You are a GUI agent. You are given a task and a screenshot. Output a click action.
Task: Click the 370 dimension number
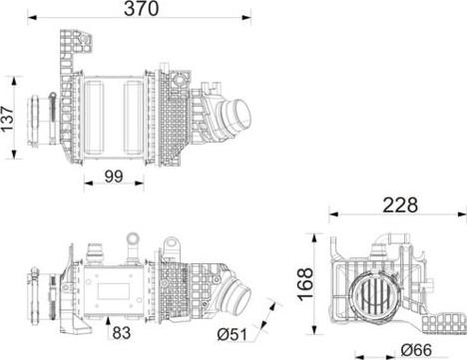click(x=141, y=9)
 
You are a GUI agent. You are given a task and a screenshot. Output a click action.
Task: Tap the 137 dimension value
click(x=8, y=119)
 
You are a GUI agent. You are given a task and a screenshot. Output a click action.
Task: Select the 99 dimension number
click(x=114, y=177)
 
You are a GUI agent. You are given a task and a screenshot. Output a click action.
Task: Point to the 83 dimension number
click(x=122, y=333)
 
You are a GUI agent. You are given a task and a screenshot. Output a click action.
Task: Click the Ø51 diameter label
click(x=233, y=334)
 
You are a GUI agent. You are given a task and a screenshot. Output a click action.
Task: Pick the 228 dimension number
click(x=400, y=205)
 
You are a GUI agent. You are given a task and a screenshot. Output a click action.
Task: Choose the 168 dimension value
click(x=305, y=283)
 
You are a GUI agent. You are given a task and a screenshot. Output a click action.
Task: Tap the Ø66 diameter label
click(x=416, y=350)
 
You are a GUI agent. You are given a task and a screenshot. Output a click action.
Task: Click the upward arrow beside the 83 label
click(x=108, y=328)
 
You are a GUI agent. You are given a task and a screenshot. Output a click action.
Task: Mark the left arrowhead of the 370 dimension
click(x=32, y=18)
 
